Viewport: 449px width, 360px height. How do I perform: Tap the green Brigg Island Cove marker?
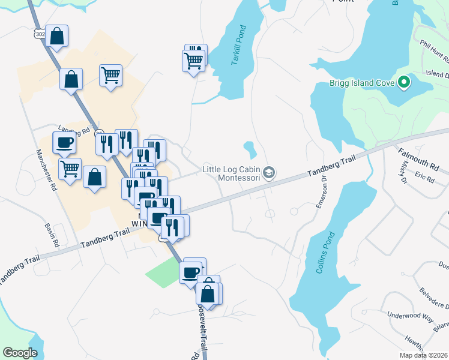[404, 83]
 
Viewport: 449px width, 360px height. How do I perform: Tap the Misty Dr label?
[402, 173]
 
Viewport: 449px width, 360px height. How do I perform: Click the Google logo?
[20, 353]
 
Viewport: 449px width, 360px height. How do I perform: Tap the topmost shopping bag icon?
[56, 36]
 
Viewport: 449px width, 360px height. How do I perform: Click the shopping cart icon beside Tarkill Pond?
[193, 60]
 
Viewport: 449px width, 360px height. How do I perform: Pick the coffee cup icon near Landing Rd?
[64, 143]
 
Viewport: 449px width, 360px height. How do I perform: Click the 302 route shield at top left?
[40, 34]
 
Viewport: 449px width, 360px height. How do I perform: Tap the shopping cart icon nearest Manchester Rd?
[70, 169]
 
